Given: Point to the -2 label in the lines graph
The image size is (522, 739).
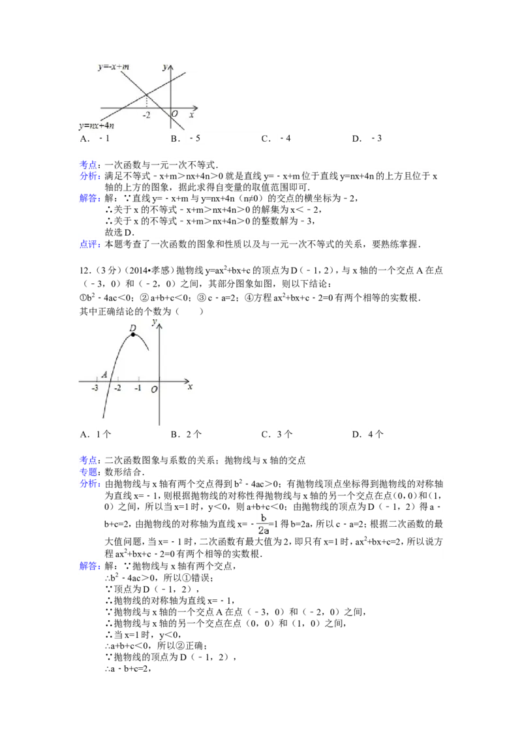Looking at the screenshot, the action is (146, 114).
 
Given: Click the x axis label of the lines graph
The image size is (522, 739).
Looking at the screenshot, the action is (192, 114).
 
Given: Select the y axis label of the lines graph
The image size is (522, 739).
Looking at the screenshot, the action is (166, 67).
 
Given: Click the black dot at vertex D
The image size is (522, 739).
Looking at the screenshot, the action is (133, 334).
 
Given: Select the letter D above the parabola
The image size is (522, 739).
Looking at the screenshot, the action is (132, 328).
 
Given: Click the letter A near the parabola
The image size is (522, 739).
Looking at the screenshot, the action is (104, 375).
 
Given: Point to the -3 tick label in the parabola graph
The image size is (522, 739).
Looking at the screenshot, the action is (95, 388).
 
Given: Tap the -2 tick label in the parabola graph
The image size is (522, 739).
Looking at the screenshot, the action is (117, 388).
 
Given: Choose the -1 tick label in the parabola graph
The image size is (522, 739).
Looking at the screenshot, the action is (138, 388).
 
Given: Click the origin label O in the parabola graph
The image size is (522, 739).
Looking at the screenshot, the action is (154, 389).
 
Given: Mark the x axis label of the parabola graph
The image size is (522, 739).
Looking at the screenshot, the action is (190, 387).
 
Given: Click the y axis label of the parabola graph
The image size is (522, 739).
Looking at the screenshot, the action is (153, 321).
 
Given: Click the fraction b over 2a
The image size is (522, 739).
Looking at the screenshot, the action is (264, 524).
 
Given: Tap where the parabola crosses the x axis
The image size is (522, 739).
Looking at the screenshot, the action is (110, 380).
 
